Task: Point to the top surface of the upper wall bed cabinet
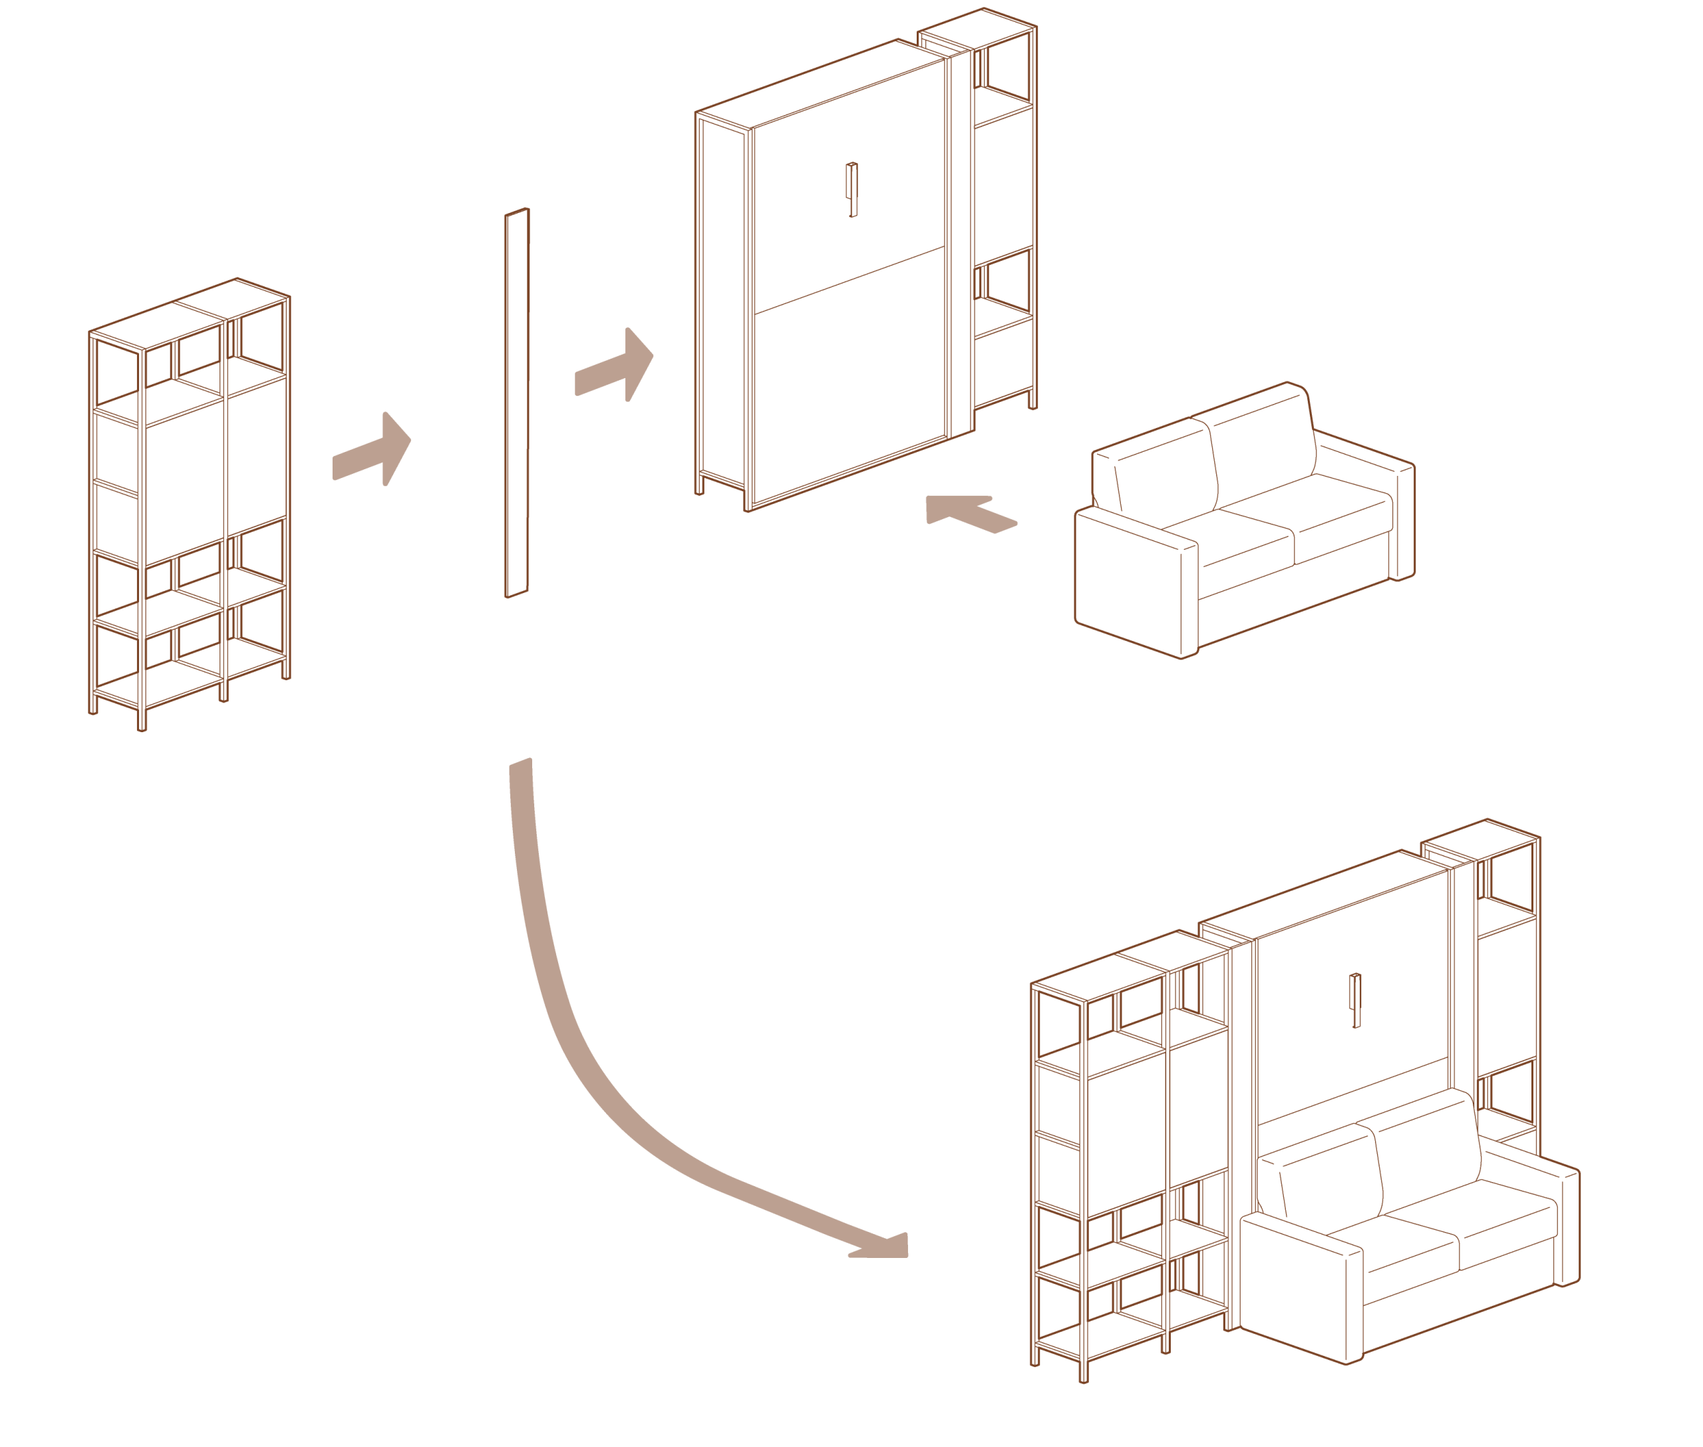click(820, 82)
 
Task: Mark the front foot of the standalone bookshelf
click(142, 722)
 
